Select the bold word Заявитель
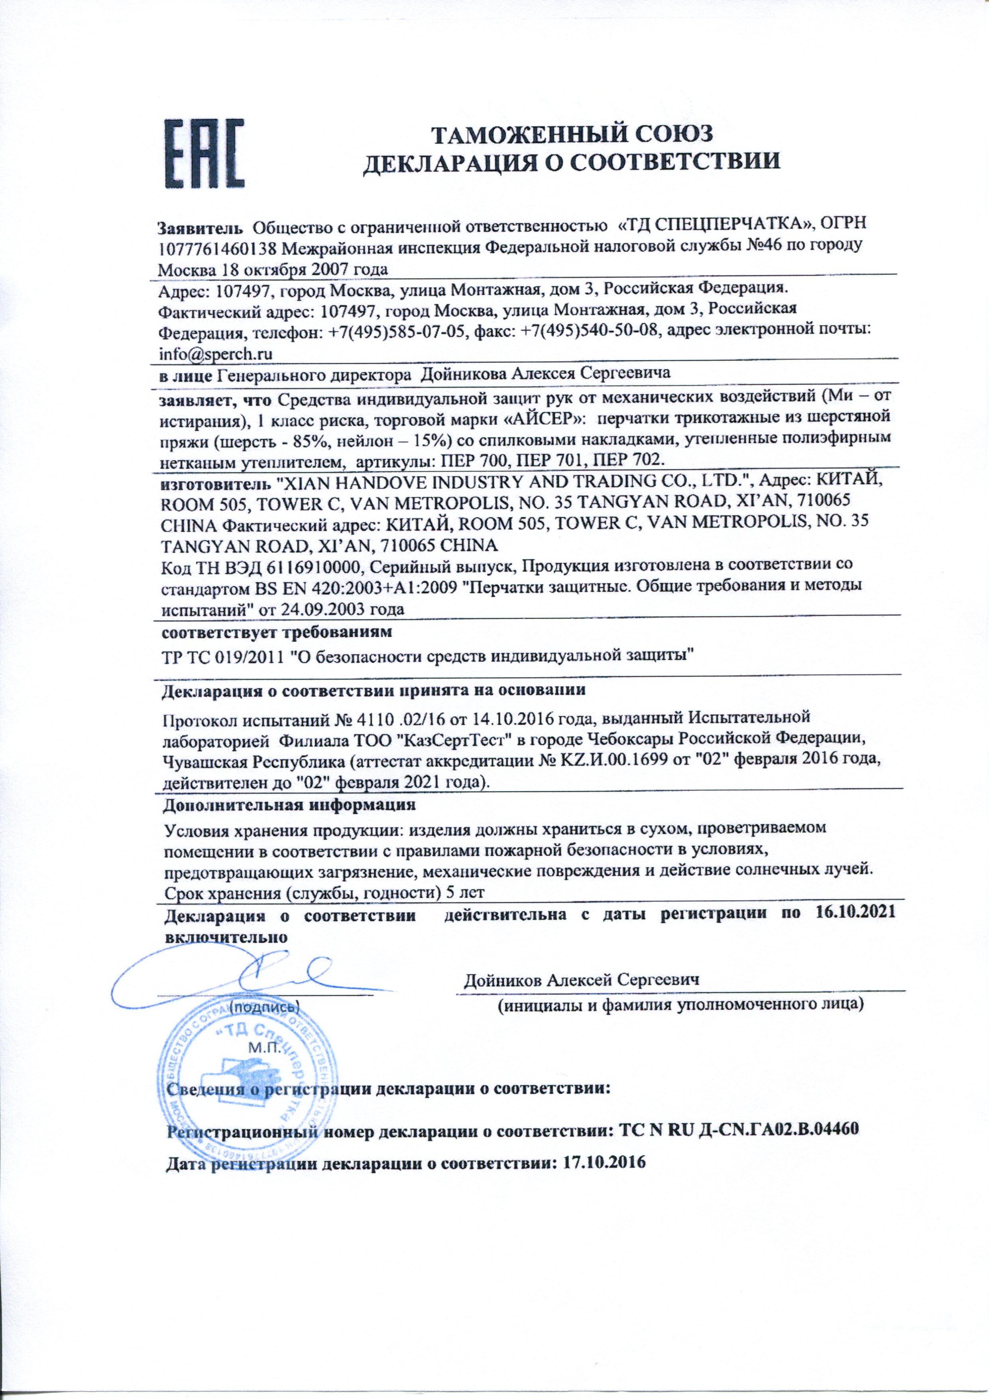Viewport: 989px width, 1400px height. (x=201, y=227)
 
